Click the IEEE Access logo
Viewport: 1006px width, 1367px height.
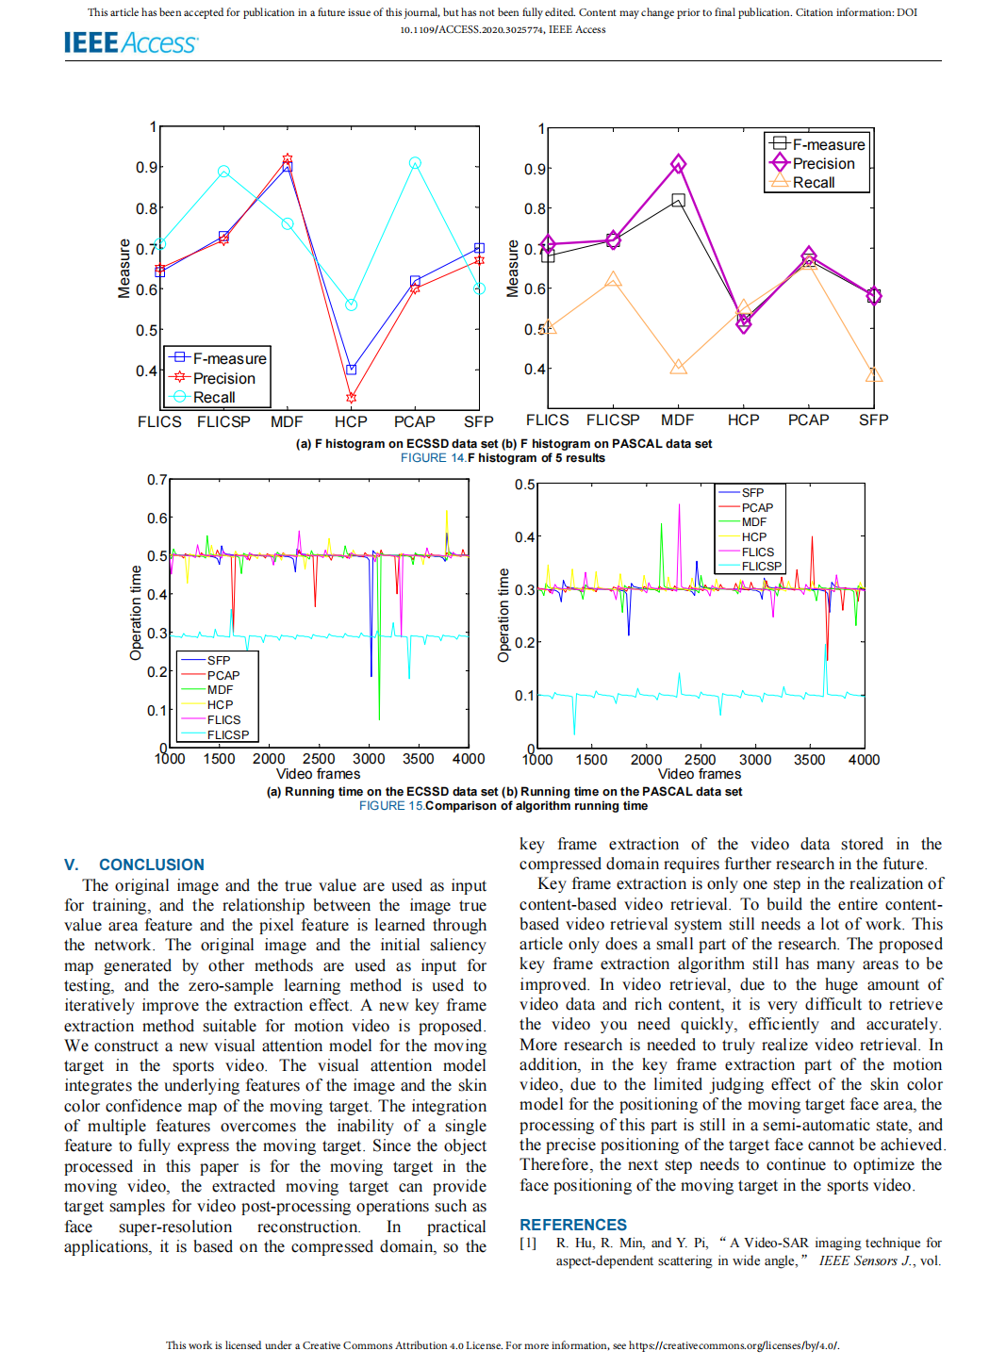[130, 42]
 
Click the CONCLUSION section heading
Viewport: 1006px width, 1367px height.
[151, 865]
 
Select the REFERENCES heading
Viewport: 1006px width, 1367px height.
[572, 1225]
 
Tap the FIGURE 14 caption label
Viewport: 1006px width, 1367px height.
[433, 458]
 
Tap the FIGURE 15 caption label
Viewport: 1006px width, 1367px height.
[391, 806]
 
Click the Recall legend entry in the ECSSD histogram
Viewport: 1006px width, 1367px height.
[214, 397]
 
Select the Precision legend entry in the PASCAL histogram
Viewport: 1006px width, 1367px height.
[823, 163]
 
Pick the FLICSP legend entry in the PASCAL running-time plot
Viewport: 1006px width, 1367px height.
[761, 567]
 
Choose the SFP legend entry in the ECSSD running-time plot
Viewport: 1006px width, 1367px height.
[219, 661]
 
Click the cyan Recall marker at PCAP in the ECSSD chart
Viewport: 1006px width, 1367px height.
[415, 163]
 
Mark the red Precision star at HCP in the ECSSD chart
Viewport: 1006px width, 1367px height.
[351, 398]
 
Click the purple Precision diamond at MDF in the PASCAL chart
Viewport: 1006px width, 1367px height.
[678, 164]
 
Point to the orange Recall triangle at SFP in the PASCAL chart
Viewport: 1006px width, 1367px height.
[874, 375]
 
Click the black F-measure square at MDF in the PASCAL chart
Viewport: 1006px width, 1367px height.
[678, 200]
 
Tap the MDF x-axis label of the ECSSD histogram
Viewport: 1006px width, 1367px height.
[287, 421]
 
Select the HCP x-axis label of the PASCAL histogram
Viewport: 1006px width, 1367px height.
[743, 420]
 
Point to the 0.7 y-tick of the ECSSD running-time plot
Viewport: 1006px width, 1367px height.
[157, 480]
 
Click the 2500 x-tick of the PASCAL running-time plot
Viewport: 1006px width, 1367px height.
[700, 759]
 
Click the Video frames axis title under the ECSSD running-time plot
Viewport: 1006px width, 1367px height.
[318, 774]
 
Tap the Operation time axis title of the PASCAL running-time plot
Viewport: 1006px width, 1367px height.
[503, 615]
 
